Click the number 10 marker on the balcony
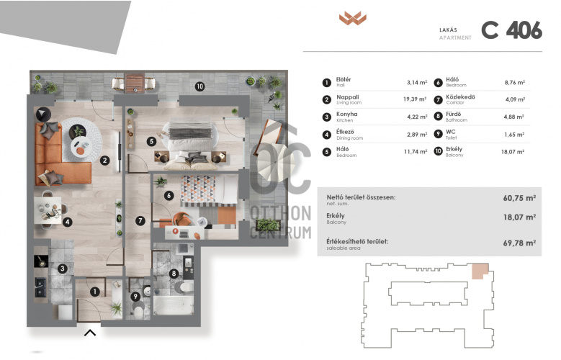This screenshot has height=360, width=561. click(199, 86)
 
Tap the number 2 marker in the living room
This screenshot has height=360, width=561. click(104, 161)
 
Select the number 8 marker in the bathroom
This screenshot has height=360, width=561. click(174, 274)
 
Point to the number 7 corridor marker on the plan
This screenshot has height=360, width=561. click(140, 221)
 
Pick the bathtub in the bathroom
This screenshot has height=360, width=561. click(174, 305)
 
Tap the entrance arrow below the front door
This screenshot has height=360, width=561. click(90, 333)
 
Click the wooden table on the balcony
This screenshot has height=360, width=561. click(135, 83)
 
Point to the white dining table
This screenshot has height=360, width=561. click(49, 210)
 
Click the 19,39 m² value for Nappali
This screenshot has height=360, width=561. click(415, 99)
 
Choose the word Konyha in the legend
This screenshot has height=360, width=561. click(346, 114)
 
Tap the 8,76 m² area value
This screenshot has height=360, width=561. click(514, 82)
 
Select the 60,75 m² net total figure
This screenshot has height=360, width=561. click(519, 198)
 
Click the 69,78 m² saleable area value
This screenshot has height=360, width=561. click(519, 243)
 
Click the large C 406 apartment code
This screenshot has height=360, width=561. click(511, 30)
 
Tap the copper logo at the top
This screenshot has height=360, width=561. click(353, 18)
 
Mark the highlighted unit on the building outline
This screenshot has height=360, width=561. click(480, 271)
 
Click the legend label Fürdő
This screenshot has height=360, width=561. click(453, 114)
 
